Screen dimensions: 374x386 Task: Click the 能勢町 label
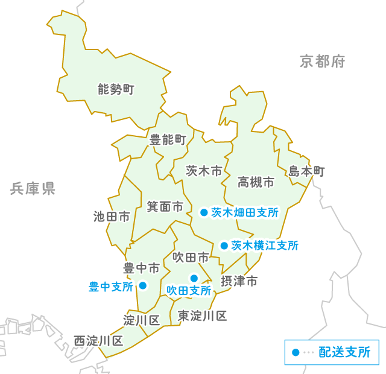116,90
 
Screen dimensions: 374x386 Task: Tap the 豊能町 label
168,141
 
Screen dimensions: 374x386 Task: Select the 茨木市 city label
204,171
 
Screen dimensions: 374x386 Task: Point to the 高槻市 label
256,182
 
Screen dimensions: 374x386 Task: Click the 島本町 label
306,172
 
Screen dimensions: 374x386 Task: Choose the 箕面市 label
165,207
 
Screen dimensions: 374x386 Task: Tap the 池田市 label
112,216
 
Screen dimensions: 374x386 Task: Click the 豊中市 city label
142,267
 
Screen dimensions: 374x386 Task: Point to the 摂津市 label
239,281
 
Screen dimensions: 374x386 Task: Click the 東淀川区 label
202,315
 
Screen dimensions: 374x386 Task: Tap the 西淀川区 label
98,341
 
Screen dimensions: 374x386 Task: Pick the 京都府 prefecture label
323,61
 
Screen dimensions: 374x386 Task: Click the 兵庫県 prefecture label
33,189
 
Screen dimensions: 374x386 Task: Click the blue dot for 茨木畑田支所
204,212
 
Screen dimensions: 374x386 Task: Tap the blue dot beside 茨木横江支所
224,246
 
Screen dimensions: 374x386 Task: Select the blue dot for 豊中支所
143,286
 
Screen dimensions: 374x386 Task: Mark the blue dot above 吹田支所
194,278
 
